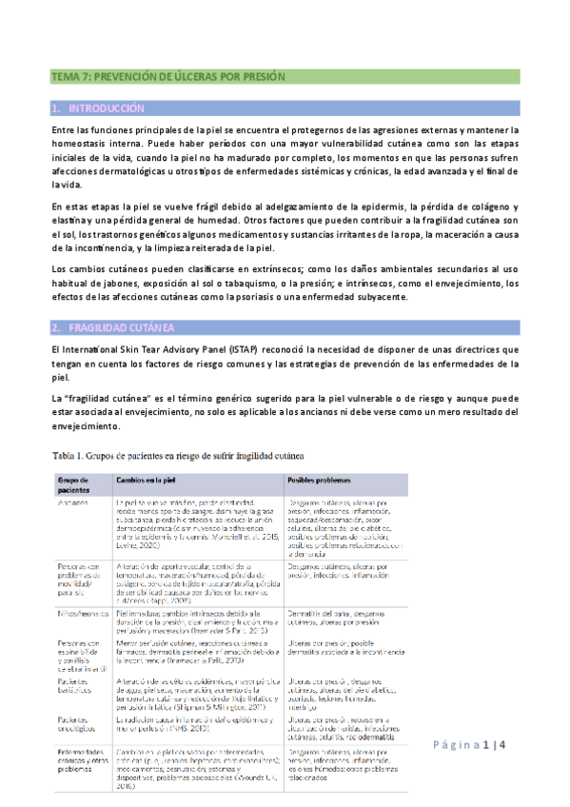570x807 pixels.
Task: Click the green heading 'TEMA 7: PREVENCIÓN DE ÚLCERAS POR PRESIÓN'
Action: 168,75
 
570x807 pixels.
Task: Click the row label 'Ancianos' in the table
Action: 73,501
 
